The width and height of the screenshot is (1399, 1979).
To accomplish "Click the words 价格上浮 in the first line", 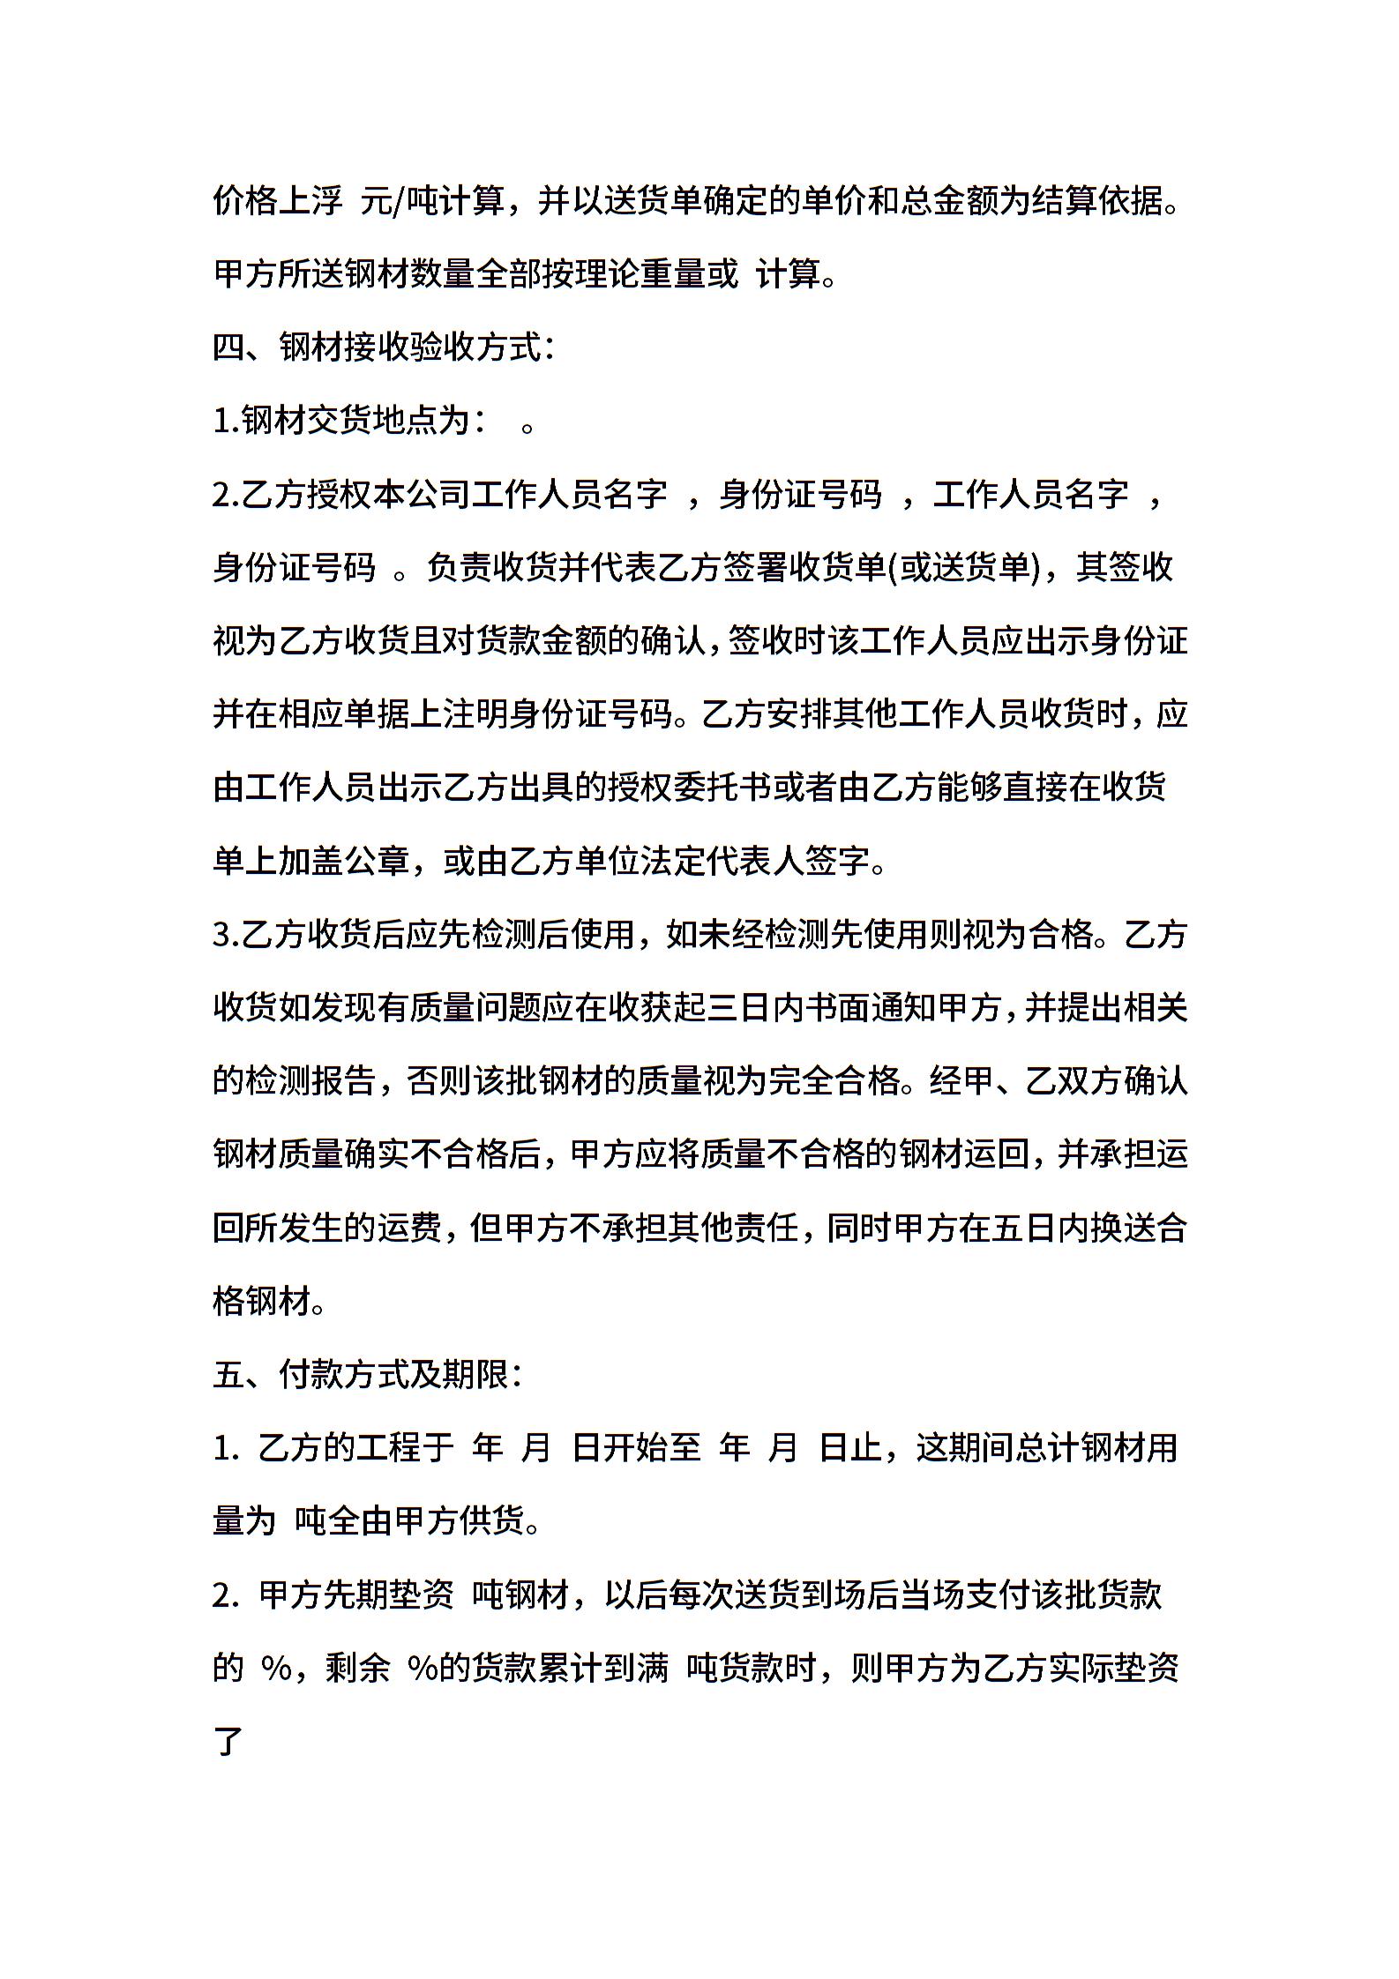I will [278, 202].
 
